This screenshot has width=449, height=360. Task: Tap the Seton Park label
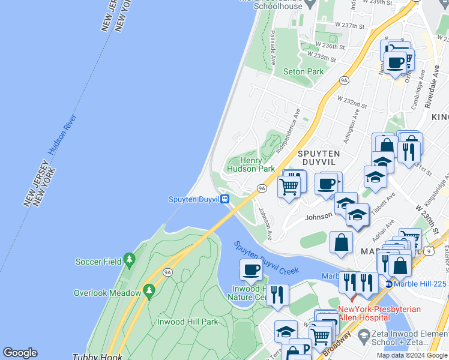(303, 71)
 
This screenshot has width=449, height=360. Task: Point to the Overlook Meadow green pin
(149, 292)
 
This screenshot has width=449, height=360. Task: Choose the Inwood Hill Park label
(188, 322)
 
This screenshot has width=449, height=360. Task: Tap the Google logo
(20, 353)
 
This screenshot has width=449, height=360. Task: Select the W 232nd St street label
(352, 102)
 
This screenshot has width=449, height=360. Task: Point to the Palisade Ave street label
(273, 47)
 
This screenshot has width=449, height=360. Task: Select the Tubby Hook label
(97, 356)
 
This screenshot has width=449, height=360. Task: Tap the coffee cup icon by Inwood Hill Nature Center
(252, 270)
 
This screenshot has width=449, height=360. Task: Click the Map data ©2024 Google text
(412, 355)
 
